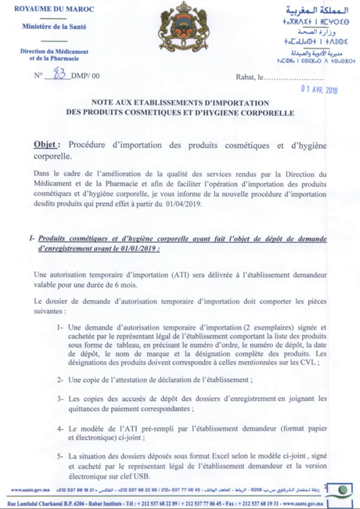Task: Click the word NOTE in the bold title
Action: tap(106, 103)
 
